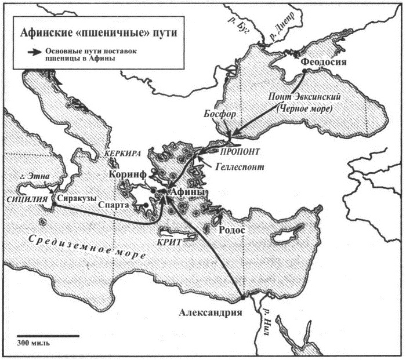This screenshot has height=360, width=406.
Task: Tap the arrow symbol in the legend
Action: [x=38, y=52]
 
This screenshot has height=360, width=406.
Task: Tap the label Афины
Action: [x=188, y=192]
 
